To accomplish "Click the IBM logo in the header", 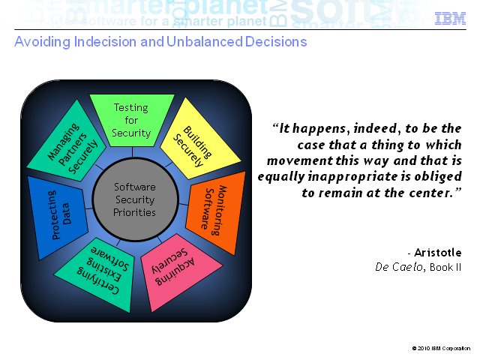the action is tap(450, 19).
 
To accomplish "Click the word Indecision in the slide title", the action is tap(105, 42).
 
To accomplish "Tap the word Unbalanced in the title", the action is tap(205, 42).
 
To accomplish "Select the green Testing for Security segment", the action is tap(132, 120).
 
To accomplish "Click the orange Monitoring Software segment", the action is tap(217, 211).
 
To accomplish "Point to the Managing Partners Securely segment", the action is tap(70, 145).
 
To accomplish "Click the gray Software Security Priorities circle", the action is tap(135, 199).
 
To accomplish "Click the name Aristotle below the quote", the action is tap(438, 253).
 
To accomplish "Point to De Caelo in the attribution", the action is tap(399, 267).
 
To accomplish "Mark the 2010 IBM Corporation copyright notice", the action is tap(441, 348).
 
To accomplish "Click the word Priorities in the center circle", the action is tap(134, 212).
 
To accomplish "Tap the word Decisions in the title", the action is tap(276, 42).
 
